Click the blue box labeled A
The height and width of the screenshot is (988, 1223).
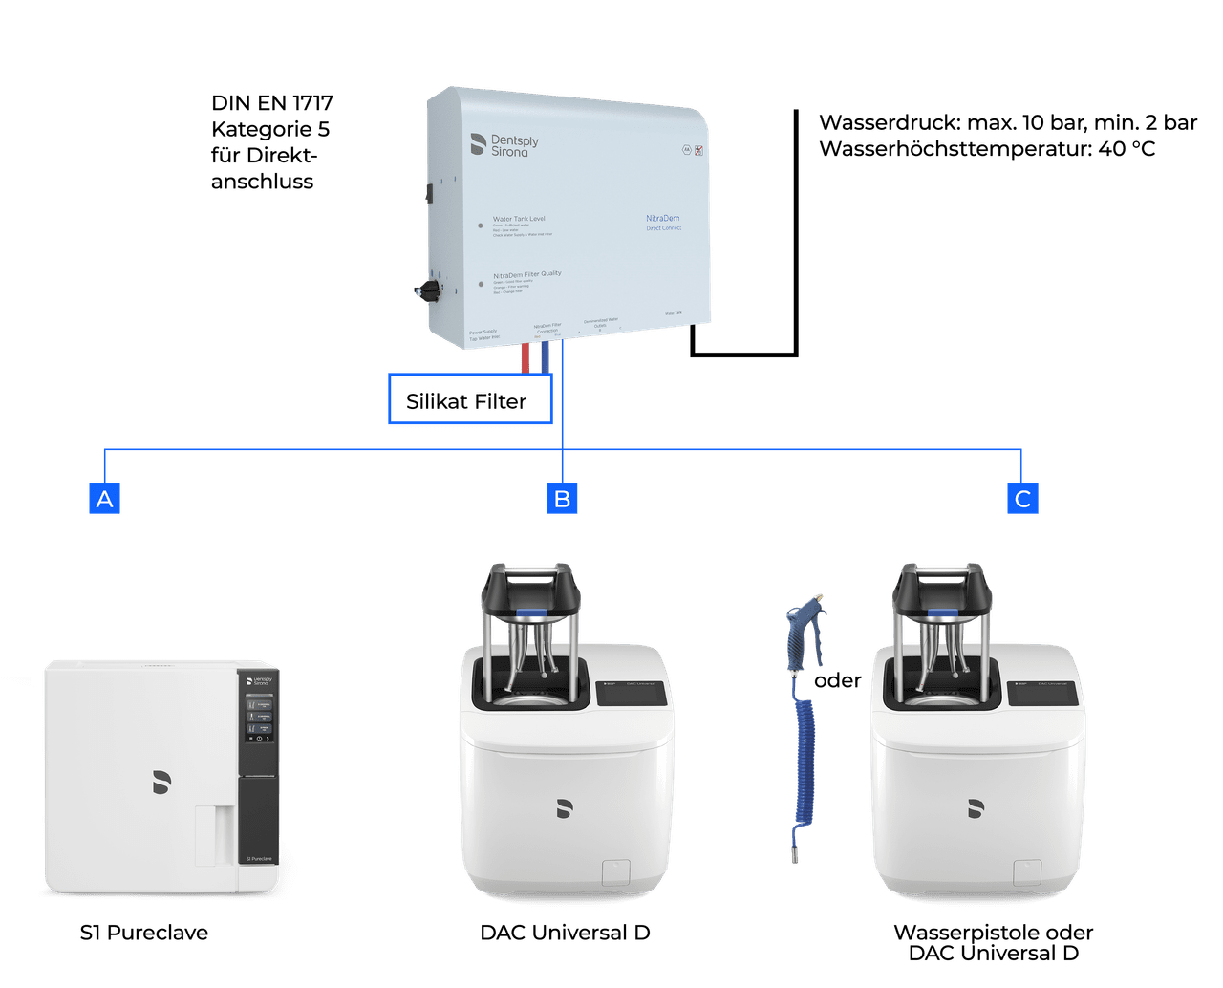tap(105, 498)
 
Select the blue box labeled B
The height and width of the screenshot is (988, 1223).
tap(563, 498)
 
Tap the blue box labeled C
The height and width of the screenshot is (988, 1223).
tap(1022, 498)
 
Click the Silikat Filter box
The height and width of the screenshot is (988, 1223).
tap(469, 400)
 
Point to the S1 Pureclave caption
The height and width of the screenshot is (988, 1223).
tap(144, 933)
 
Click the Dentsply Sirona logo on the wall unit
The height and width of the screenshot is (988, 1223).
tap(504, 144)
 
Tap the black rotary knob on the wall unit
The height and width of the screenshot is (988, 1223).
tap(425, 289)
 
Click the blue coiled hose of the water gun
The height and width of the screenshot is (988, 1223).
tap(804, 764)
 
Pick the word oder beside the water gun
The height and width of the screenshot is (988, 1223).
tap(837, 680)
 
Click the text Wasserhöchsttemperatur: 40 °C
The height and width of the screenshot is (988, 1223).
tap(987, 149)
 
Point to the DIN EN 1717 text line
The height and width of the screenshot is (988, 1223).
tap(272, 103)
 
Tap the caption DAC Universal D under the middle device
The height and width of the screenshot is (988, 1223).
tap(565, 933)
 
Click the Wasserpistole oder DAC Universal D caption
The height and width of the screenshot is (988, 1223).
tap(994, 942)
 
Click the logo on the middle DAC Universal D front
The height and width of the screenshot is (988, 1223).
tap(565, 808)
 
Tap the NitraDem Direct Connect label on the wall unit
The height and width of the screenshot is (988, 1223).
tap(663, 223)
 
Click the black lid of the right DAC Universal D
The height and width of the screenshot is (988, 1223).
tap(943, 590)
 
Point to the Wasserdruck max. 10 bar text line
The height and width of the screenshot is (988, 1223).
tap(1008, 122)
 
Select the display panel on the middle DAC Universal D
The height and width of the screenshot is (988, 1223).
tap(632, 695)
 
